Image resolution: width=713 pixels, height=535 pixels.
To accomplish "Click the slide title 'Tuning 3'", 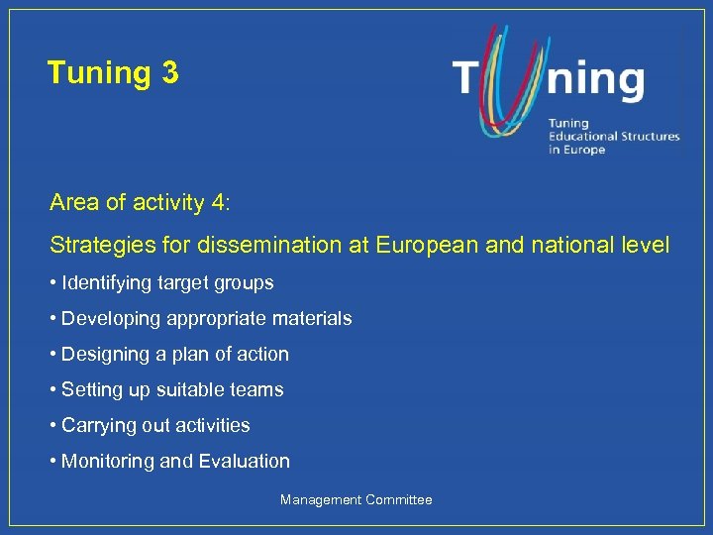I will (x=113, y=72).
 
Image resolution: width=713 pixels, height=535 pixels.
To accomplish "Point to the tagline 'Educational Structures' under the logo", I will (x=614, y=137).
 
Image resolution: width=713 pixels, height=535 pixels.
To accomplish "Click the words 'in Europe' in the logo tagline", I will (x=576, y=150).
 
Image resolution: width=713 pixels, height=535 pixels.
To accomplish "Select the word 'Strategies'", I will (x=95, y=244).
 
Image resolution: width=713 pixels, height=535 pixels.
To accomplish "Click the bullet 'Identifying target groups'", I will (x=166, y=283).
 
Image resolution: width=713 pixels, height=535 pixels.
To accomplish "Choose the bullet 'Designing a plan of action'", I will (x=174, y=355).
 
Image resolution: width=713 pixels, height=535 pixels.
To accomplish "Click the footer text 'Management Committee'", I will (x=356, y=500).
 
